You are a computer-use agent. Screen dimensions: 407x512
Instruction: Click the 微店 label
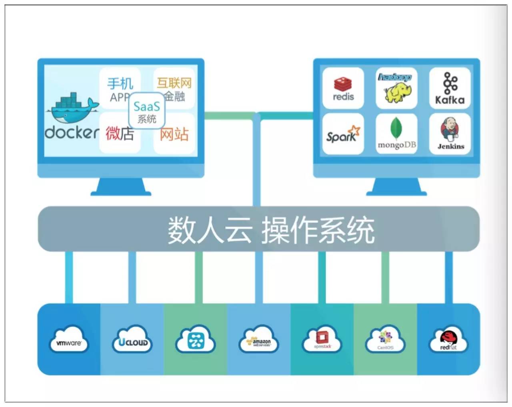(119, 133)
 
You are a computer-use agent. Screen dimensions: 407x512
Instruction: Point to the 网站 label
(174, 134)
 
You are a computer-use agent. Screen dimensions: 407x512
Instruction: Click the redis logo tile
(343, 88)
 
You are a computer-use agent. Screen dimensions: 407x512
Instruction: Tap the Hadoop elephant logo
(396, 88)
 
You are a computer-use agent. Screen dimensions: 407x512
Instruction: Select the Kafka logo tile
(450, 88)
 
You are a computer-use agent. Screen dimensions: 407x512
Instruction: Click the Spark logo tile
(343, 134)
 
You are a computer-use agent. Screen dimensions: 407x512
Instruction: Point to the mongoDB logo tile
(396, 134)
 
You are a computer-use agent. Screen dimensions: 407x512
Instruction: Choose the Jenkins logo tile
(450, 134)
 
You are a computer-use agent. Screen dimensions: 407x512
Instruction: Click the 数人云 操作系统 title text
(271, 230)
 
